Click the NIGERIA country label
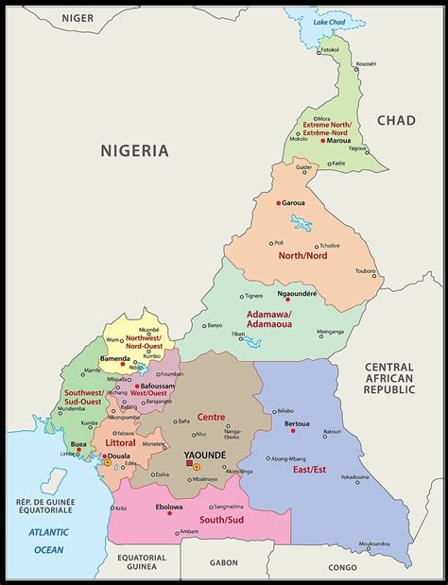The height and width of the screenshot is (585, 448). pyautogui.click(x=135, y=150)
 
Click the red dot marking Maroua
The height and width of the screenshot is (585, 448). pyautogui.click(x=323, y=141)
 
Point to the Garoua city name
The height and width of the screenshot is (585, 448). pyautogui.click(x=293, y=202)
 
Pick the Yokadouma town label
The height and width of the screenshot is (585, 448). pyautogui.click(x=357, y=476)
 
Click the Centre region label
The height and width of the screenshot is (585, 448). pyautogui.click(x=211, y=417)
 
